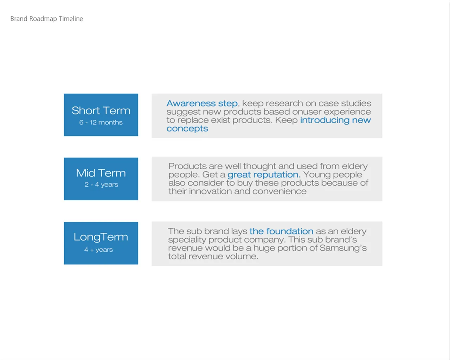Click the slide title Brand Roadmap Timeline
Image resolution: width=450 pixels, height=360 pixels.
tap(47, 19)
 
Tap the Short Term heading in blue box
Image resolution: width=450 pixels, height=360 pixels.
tap(101, 110)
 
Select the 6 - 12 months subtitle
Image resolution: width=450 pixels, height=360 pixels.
tap(101, 122)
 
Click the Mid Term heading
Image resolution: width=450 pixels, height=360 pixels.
tap(101, 173)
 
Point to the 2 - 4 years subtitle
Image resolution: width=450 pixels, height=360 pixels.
tap(101, 185)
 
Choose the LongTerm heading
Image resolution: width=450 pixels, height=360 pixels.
tap(101, 237)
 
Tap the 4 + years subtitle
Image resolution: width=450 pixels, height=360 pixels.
tap(98, 250)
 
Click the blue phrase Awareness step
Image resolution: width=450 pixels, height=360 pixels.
tap(202, 104)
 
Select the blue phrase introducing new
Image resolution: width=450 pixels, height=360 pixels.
tap(335, 120)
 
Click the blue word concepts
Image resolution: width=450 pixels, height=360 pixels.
tap(187, 129)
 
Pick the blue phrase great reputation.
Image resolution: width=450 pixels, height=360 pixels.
tap(264, 175)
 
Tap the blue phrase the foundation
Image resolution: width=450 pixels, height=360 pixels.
tap(281, 231)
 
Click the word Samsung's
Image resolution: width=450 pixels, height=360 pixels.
tap(343, 248)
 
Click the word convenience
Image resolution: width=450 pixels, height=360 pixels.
tap(279, 192)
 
